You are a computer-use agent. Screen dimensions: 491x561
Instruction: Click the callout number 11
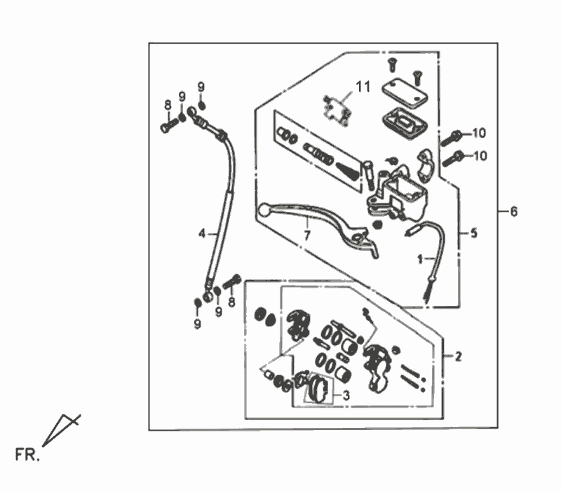click(362, 88)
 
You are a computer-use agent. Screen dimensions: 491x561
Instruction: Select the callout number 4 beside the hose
click(201, 233)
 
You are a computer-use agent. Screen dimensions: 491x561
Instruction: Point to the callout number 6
click(514, 212)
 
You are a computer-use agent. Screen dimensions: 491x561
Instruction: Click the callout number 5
click(473, 233)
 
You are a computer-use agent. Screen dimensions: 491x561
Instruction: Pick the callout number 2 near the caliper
click(458, 357)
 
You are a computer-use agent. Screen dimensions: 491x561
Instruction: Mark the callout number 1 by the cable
click(421, 259)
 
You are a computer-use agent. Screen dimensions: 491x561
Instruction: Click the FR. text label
click(28, 457)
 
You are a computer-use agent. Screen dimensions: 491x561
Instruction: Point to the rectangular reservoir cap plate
click(405, 89)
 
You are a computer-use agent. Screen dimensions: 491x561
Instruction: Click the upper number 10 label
click(478, 133)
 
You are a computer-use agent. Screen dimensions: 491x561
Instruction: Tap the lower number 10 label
click(478, 156)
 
